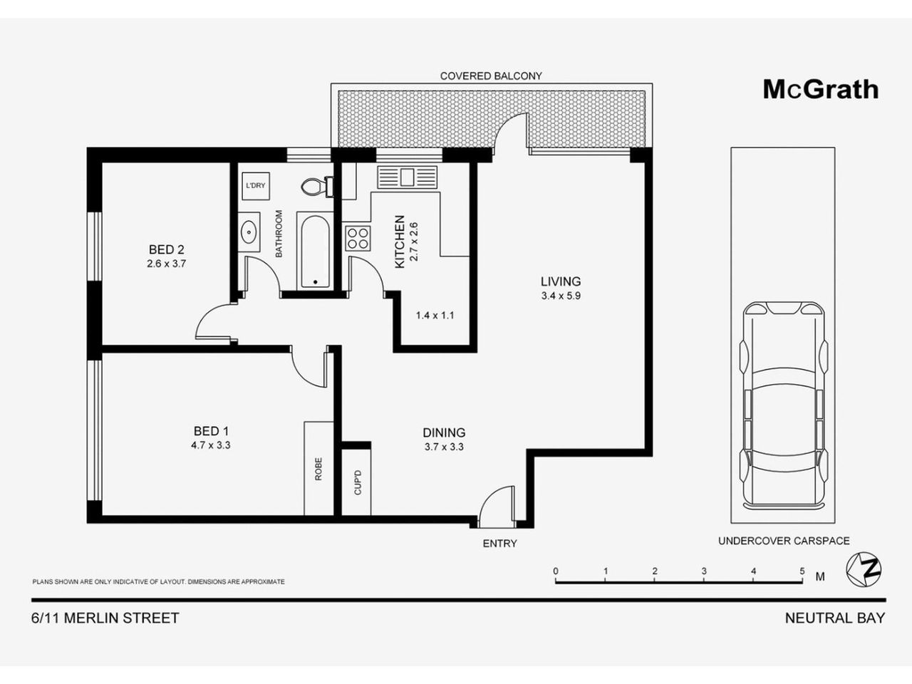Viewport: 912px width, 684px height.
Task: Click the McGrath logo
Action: (x=820, y=90)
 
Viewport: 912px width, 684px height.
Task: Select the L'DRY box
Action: (x=255, y=186)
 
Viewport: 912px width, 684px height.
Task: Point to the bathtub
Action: (x=314, y=252)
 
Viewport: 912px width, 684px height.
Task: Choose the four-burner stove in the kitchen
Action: (x=357, y=237)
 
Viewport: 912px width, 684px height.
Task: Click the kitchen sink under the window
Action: (x=407, y=177)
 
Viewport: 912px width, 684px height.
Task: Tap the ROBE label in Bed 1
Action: (x=318, y=468)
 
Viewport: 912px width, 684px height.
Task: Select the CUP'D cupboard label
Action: (x=358, y=482)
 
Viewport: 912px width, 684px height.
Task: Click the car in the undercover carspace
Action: (x=782, y=403)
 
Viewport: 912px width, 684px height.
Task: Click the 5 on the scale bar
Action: (x=802, y=571)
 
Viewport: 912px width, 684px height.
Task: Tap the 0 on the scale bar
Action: (x=556, y=571)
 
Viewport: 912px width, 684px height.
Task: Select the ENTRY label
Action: (x=499, y=544)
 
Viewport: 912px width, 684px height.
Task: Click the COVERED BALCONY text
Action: (x=491, y=76)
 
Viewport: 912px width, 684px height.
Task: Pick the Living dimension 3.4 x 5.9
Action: (x=561, y=296)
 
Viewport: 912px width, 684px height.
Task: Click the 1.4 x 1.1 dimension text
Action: (x=435, y=315)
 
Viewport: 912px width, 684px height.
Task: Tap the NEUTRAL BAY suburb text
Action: (x=834, y=618)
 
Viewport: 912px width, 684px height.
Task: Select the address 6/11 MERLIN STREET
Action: (x=105, y=618)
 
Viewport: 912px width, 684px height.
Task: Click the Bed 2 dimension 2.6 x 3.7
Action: (x=167, y=263)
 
